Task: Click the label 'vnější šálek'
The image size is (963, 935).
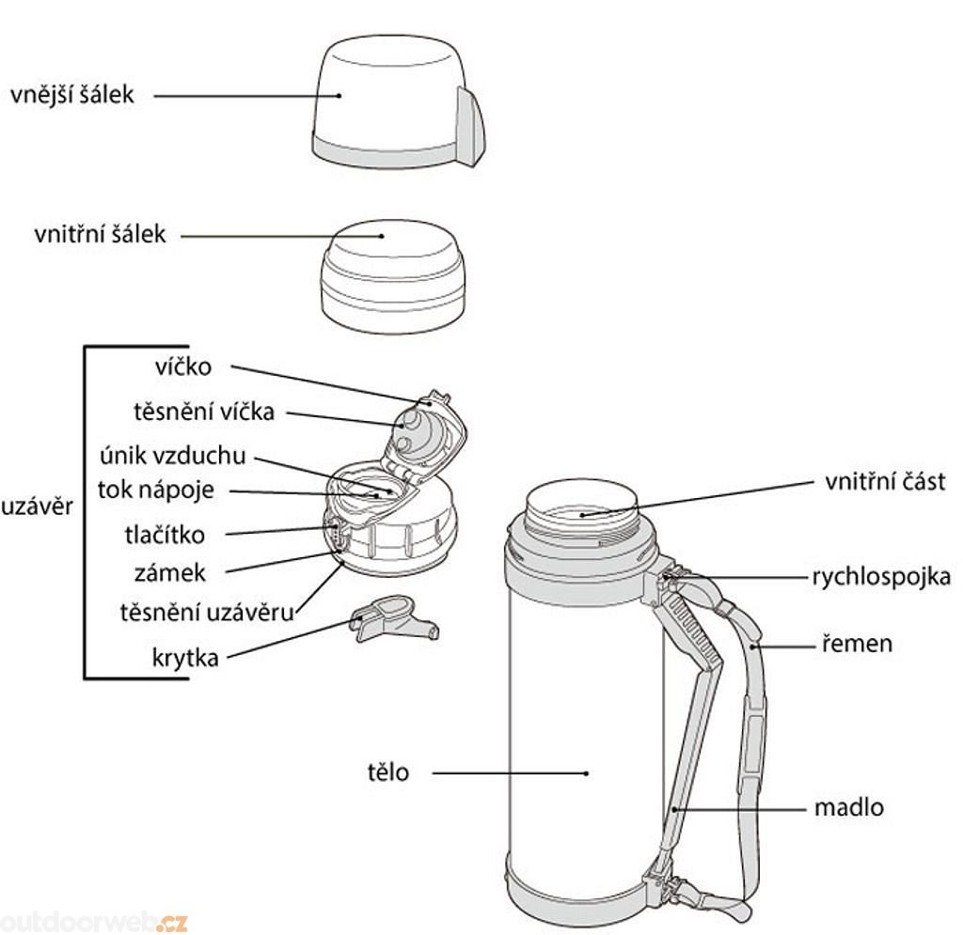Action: pos(72,95)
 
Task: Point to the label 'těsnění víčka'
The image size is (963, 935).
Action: pos(204,412)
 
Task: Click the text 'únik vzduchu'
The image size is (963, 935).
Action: pos(173,457)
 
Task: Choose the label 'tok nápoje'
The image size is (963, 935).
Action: pos(157,490)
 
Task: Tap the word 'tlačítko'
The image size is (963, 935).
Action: pos(165,535)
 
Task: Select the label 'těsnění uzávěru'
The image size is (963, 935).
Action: pos(207,612)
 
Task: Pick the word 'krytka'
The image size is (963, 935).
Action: pos(185,658)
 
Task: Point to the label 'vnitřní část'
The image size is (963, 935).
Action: pos(885,482)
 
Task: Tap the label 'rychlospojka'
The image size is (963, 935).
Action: pos(882,576)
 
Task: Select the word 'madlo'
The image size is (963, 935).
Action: pos(849,807)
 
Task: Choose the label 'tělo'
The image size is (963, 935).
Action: pos(388,773)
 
